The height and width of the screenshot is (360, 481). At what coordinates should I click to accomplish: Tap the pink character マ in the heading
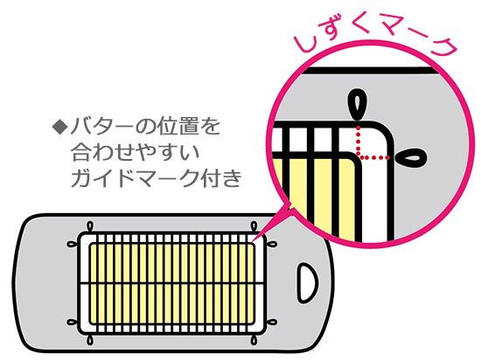391,28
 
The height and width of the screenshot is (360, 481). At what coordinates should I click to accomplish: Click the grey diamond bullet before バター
59,126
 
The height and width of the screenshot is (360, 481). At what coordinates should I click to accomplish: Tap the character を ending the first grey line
209,126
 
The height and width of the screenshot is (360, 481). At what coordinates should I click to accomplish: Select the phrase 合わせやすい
136,152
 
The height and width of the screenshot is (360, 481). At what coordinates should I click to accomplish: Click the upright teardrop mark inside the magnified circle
357,105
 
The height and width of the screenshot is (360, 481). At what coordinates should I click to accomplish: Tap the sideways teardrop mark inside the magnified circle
410,158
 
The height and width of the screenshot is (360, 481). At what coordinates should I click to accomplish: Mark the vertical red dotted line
358,141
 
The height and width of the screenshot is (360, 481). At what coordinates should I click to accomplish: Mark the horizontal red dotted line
374,158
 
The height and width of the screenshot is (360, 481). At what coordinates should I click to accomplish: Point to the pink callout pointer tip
254,240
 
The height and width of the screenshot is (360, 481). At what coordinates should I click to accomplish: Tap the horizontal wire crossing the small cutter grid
172,283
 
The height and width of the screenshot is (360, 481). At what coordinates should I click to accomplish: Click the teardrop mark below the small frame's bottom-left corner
90,340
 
